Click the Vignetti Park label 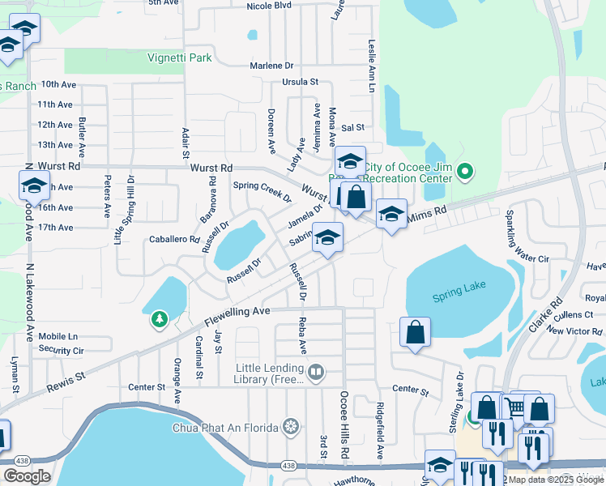point(179,58)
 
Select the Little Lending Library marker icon point(316,373)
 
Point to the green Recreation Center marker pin point(464,172)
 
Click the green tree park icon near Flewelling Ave point(160,320)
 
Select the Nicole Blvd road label point(269,6)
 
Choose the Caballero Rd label point(174,240)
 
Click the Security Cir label point(61,351)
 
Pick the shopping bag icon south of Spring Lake point(415,333)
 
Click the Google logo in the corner point(27,476)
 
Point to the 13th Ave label point(55,145)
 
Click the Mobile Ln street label point(58,336)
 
